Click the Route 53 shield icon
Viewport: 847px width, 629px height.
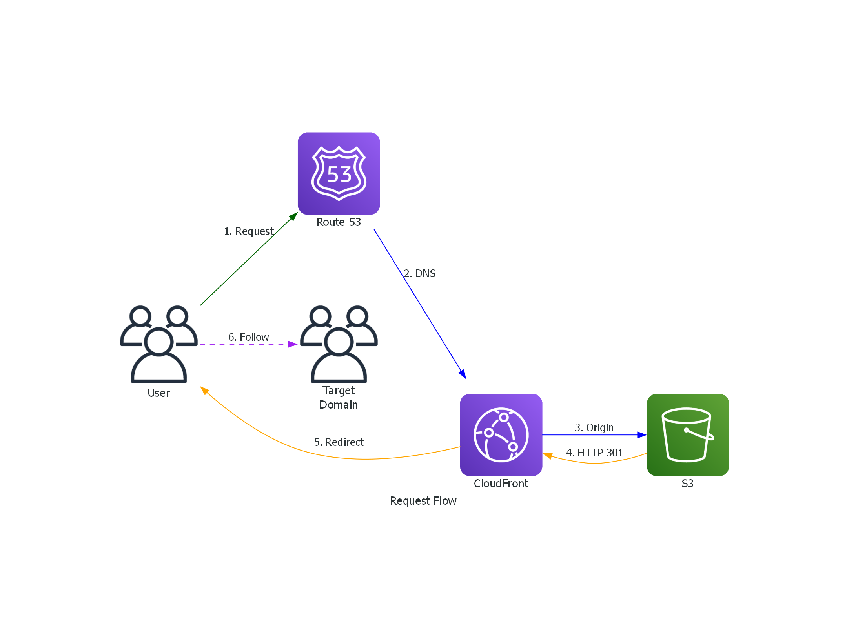(x=339, y=173)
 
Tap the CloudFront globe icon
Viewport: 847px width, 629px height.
(x=501, y=434)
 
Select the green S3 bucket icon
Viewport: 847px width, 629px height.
(x=687, y=434)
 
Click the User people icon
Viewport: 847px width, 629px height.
(x=158, y=344)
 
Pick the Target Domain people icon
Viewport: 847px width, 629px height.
(x=339, y=344)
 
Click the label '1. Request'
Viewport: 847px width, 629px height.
(x=248, y=231)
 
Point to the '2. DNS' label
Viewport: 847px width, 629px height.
(x=419, y=273)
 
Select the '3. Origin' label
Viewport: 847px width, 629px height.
(x=594, y=427)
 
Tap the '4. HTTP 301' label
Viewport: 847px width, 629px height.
(x=594, y=453)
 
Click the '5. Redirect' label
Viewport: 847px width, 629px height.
(x=339, y=442)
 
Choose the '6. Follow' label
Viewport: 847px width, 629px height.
(x=248, y=337)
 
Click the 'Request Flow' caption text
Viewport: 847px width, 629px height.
(x=423, y=501)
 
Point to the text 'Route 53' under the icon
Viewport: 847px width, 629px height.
(x=339, y=222)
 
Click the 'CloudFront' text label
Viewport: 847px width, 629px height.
(x=501, y=484)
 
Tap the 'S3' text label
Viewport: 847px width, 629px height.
(x=687, y=484)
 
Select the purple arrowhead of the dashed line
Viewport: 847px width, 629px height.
(x=292, y=344)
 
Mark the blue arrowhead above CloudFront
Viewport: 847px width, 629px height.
(x=463, y=374)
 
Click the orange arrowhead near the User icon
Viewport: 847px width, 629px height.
(x=204, y=390)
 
